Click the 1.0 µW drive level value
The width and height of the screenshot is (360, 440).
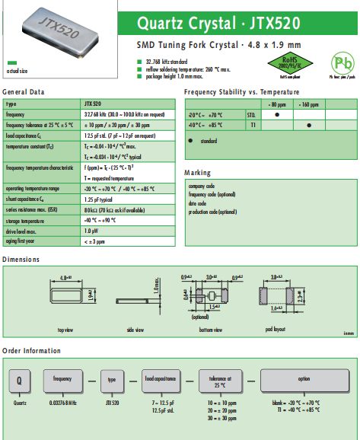click(x=91, y=230)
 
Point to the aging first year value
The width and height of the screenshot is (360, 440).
click(x=94, y=241)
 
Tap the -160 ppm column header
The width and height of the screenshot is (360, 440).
click(x=308, y=104)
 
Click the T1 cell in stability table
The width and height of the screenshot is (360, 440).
click(x=253, y=125)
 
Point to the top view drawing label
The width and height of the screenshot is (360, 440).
click(x=66, y=330)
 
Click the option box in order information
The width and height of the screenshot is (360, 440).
click(x=304, y=378)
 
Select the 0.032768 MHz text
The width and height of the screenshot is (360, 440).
click(x=62, y=400)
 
